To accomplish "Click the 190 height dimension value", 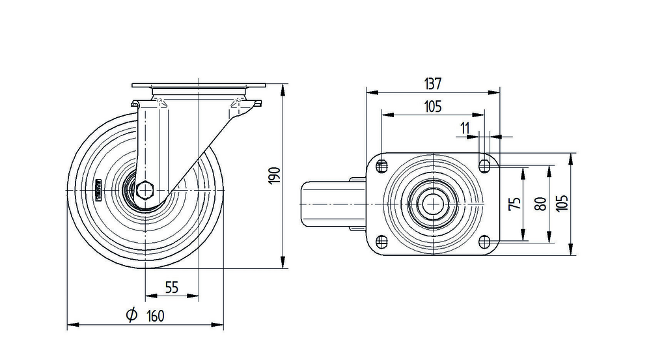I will point(274,175).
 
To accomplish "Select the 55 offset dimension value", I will point(172,287).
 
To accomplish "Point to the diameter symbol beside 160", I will point(130,316).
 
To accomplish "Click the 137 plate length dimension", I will point(433,84).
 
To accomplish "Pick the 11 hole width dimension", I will point(465,128).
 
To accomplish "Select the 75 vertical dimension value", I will point(514,203).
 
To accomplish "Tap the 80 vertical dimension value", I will point(540,203).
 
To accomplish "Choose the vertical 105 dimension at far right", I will point(563,203).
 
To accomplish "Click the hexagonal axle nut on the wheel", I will point(145,191).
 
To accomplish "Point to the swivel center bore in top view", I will point(432,204).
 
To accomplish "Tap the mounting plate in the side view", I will point(199,87).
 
